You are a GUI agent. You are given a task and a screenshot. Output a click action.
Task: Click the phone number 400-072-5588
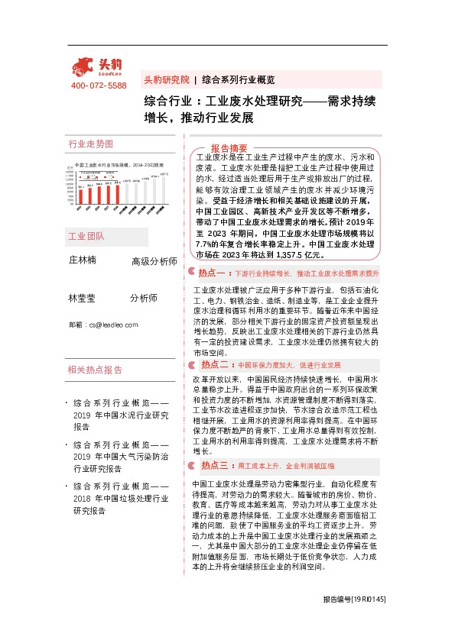point(99,86)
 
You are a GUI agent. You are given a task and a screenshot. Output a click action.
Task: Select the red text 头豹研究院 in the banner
point(167,79)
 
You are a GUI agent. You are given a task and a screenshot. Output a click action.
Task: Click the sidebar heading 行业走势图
point(90,144)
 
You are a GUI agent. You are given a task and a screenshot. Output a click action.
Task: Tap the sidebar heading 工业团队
point(86,237)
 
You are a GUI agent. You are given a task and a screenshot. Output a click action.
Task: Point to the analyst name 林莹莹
point(83,298)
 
